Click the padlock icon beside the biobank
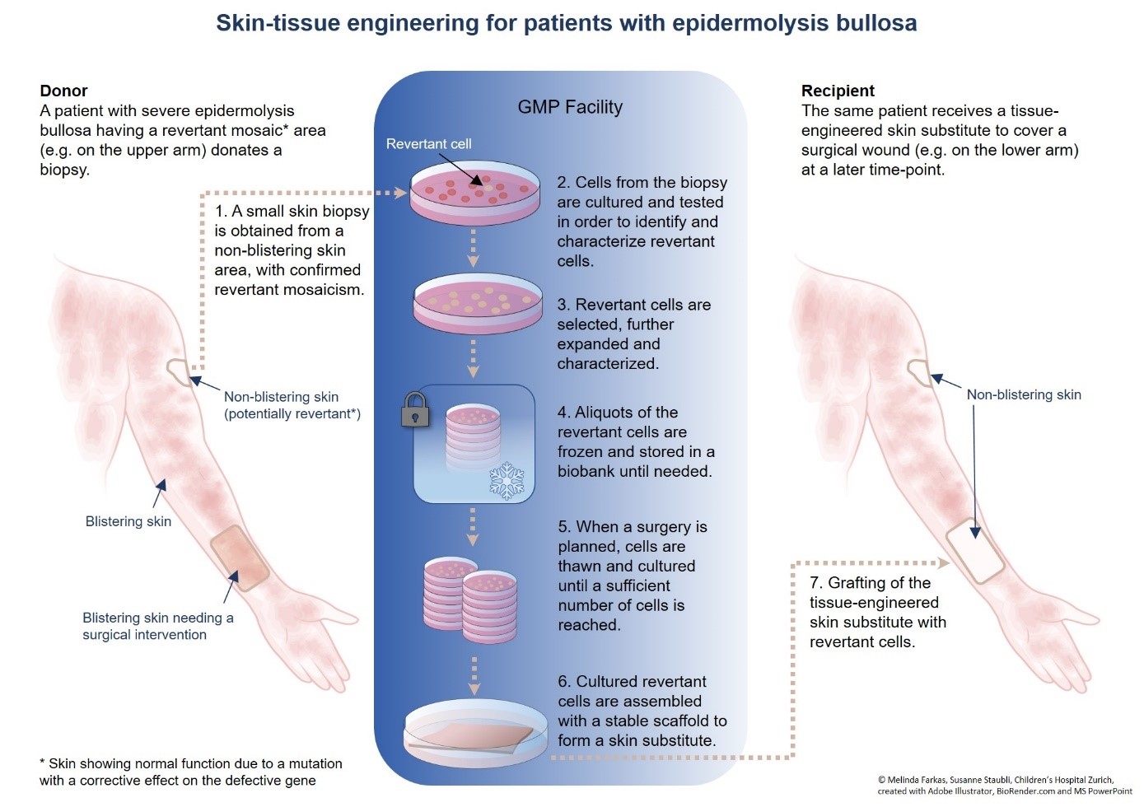pos(415,409)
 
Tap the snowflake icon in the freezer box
pos(507,481)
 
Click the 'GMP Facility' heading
pos(570,107)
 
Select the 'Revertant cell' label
pos(428,144)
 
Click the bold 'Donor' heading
pos(63,91)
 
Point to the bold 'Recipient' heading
pos(838,91)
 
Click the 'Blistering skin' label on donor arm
pos(128,521)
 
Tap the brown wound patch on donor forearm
pos(240,557)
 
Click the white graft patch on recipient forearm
pos(975,551)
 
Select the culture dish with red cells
pos(476,194)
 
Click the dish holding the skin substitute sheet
pos(476,732)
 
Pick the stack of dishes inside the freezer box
pos(474,436)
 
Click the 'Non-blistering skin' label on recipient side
pos(1024,395)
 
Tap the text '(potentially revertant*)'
pos(292,414)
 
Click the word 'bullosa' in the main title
pos(876,23)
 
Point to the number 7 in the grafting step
pos(815,583)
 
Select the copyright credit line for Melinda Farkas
pos(995,779)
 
